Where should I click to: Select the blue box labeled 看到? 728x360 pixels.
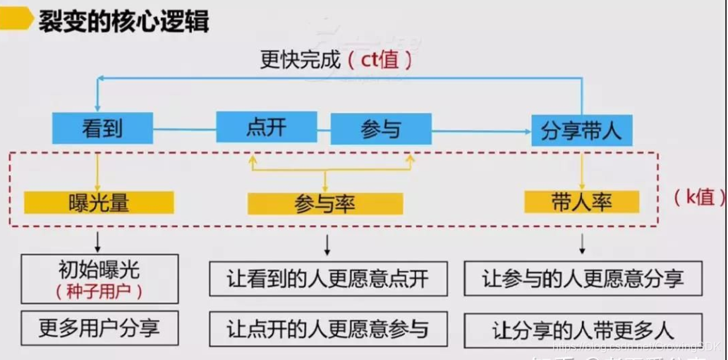[x=102, y=128]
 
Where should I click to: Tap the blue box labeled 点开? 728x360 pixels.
[x=266, y=128]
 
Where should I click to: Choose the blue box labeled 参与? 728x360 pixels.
[x=381, y=129]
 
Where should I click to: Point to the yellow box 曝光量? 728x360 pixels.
[x=99, y=203]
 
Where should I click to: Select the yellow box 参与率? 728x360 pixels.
[x=324, y=204]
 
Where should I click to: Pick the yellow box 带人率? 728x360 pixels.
[x=581, y=202]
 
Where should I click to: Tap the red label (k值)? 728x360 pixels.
[x=695, y=197]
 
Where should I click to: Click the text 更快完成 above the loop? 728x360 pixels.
[x=301, y=60]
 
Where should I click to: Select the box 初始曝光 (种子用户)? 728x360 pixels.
[x=99, y=279]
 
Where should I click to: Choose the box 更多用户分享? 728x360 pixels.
[x=99, y=328]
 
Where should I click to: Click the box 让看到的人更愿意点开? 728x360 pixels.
[x=328, y=278]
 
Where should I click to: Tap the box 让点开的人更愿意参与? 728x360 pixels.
[x=328, y=329]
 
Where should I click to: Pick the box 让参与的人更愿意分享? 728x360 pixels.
[x=583, y=278]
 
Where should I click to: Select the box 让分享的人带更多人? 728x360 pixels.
[x=583, y=330]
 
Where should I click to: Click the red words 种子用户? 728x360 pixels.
[x=99, y=291]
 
